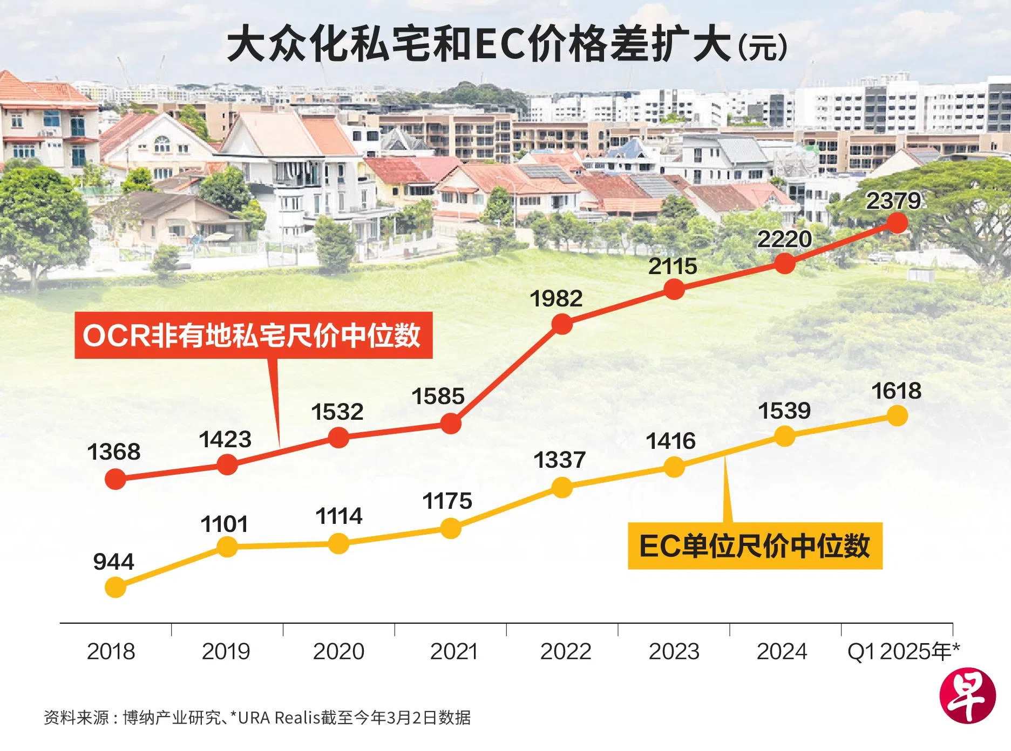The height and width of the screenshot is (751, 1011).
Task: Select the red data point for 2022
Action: [562, 324]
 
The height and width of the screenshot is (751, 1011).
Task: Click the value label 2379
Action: [893, 201]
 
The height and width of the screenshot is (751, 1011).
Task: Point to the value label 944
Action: [113, 562]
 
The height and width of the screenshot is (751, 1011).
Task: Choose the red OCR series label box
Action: [253, 335]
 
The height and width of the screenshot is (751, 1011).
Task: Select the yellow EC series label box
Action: [755, 545]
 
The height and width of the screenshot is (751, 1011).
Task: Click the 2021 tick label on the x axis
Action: [453, 651]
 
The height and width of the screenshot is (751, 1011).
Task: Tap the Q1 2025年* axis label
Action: [903, 651]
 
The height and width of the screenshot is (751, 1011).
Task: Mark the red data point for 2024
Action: [785, 263]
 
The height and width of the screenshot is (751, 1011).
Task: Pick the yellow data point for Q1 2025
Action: [897, 415]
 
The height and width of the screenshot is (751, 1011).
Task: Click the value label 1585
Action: [438, 397]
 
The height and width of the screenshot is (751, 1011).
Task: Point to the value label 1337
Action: [559, 460]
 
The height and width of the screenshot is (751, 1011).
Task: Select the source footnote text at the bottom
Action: [257, 718]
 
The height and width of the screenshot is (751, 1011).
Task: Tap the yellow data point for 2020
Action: [338, 543]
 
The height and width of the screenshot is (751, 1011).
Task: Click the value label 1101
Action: [224, 524]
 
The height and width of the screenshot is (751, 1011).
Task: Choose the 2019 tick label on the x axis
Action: [226, 651]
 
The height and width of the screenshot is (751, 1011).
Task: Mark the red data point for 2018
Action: [115, 479]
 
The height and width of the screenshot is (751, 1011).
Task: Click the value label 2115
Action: [673, 267]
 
